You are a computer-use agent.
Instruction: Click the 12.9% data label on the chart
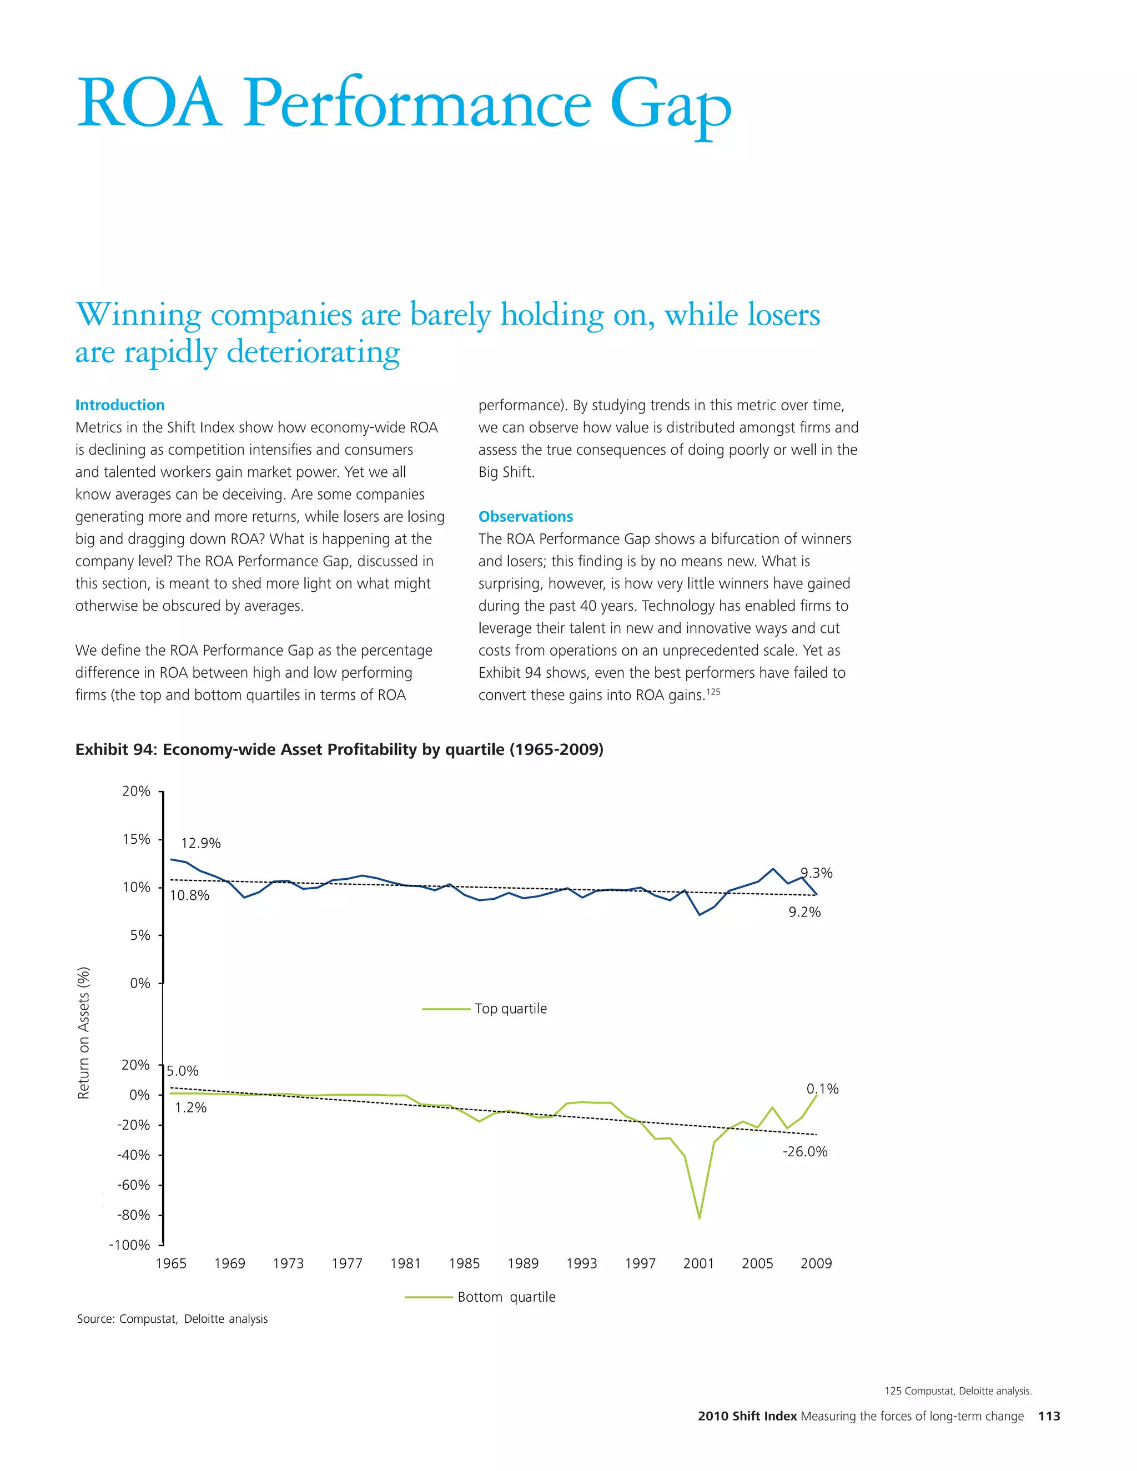pyautogui.click(x=201, y=843)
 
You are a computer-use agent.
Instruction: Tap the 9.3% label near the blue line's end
pyautogui.click(x=816, y=873)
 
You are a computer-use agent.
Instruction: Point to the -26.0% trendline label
pyautogui.click(x=805, y=1152)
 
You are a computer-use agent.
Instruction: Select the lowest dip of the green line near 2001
pyautogui.click(x=699, y=1218)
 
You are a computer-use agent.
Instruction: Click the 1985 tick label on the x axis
pyautogui.click(x=464, y=1263)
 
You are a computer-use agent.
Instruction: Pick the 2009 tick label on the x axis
pyautogui.click(x=816, y=1263)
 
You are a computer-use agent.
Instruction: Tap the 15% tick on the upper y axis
pyautogui.click(x=136, y=839)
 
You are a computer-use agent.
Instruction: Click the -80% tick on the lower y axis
pyautogui.click(x=133, y=1215)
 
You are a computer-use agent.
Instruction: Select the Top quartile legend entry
pyautogui.click(x=510, y=1008)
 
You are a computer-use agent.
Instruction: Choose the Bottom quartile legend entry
pyautogui.click(x=506, y=1297)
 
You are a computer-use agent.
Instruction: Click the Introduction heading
pyautogui.click(x=120, y=405)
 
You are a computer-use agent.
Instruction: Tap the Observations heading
pyautogui.click(x=525, y=517)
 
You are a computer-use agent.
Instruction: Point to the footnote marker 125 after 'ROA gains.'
pyautogui.click(x=713, y=691)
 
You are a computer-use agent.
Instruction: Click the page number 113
pyautogui.click(x=1049, y=1417)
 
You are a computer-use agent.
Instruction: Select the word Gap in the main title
pyautogui.click(x=670, y=105)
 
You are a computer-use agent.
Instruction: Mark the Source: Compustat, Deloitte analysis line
pyautogui.click(x=173, y=1319)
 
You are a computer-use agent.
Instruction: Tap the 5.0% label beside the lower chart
pyautogui.click(x=183, y=1071)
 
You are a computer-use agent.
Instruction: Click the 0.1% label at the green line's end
pyautogui.click(x=822, y=1089)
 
